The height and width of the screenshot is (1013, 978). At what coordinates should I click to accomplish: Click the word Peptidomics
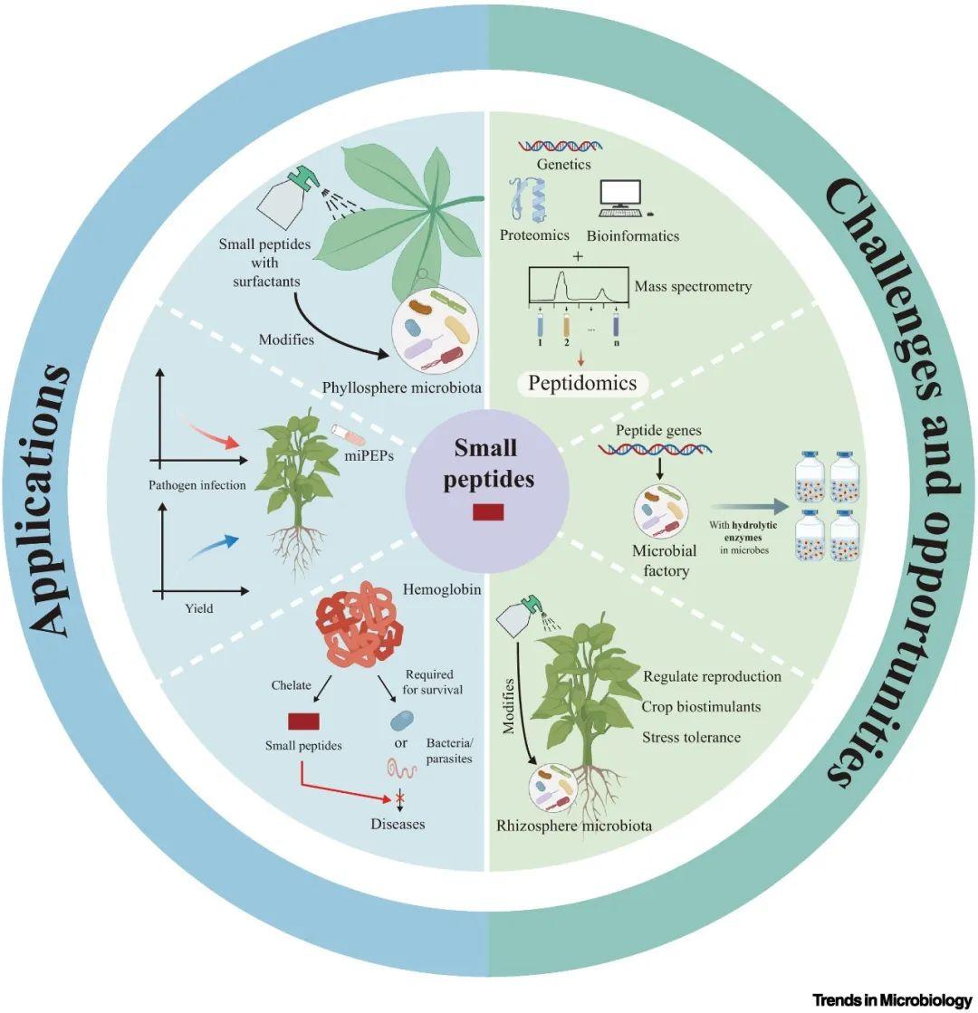click(x=584, y=383)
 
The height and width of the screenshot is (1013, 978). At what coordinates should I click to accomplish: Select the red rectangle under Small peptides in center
click(x=488, y=511)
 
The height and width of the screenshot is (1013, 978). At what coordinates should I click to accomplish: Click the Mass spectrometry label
click(x=692, y=286)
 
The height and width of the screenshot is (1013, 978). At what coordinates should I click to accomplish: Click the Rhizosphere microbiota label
click(x=573, y=826)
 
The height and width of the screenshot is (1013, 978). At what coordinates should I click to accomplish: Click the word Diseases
click(x=397, y=825)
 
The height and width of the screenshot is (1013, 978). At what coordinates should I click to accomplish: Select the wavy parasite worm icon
click(x=400, y=768)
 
